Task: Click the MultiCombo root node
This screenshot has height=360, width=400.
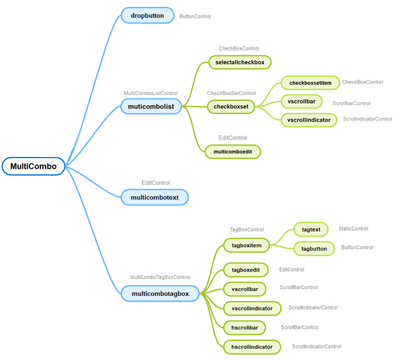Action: coord(33,166)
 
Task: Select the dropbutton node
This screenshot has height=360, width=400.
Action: coord(147,16)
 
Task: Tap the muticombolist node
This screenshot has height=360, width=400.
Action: coord(151,106)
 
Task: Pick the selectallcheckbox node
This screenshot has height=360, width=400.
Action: coord(240,62)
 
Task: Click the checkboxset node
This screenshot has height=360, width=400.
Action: coord(231,107)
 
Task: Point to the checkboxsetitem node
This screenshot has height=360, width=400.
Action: coord(310,82)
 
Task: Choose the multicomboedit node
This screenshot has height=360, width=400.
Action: coord(232,152)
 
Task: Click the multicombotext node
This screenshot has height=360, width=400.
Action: coord(154,197)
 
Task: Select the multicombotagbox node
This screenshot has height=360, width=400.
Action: coord(160,293)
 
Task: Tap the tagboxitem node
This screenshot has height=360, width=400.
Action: coord(246,245)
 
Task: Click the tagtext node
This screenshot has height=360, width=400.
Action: coord(311,230)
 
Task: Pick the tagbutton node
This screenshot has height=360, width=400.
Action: coord(314,248)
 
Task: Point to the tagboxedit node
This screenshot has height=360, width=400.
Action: coord(246,270)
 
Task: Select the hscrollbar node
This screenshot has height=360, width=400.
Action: coord(244,328)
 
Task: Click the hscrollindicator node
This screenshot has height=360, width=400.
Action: coord(252,347)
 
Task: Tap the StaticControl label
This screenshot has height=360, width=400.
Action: coord(353,229)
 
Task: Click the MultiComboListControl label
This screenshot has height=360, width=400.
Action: coord(151,94)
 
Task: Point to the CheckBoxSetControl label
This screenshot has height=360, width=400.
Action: coord(231,94)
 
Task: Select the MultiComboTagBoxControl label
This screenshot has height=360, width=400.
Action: coord(160,278)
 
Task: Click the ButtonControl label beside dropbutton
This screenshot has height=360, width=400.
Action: coord(195,17)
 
